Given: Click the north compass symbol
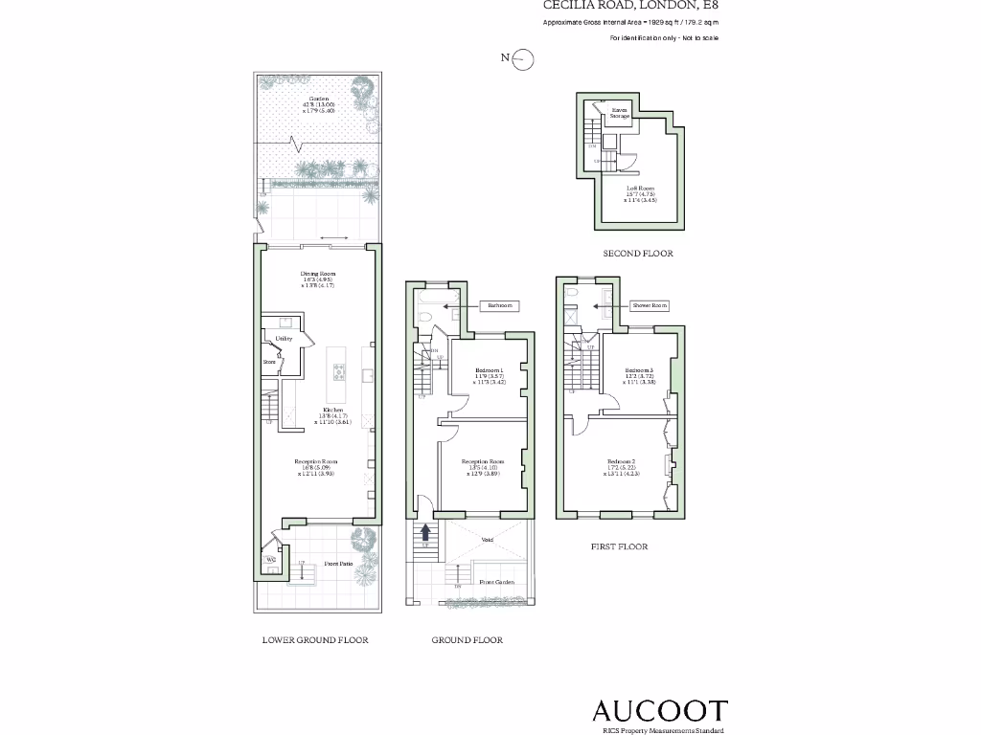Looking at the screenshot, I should (522, 59).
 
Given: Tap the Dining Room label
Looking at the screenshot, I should (317, 274).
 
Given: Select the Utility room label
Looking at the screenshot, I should (284, 339).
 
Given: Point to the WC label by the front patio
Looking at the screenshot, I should (271, 559).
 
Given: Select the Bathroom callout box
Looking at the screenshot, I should (499, 306).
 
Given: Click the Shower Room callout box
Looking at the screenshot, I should (649, 306).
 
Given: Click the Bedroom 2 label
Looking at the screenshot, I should (622, 462).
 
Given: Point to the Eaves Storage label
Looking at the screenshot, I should (620, 113).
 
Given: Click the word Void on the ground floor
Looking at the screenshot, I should (487, 541).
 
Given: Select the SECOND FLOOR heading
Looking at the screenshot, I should (638, 254).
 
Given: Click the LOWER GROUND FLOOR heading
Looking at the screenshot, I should (315, 639).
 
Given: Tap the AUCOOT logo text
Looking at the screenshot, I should (660, 710).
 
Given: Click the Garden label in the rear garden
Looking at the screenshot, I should (319, 100).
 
